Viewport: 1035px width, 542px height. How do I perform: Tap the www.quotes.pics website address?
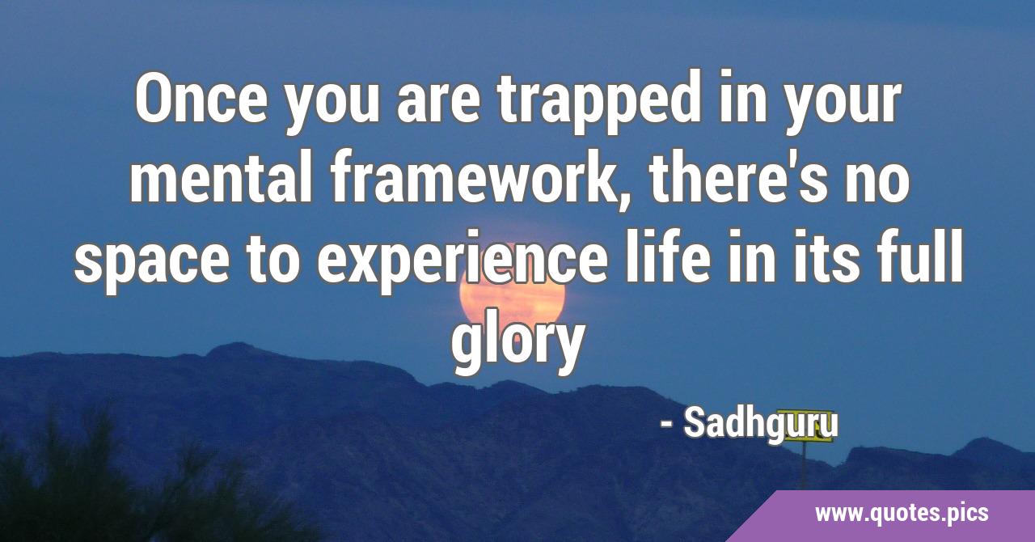[901, 514]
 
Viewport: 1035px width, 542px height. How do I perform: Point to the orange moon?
[513, 295]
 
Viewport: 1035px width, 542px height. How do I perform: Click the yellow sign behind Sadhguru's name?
[804, 426]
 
